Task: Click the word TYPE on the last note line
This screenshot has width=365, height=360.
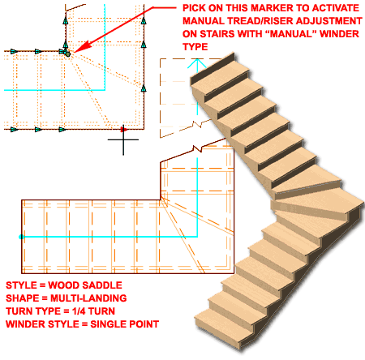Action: tap(195, 47)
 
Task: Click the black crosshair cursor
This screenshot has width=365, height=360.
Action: tap(123, 139)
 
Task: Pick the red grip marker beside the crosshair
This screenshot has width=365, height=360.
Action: tap(124, 130)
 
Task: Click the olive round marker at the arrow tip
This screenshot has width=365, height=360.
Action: tap(67, 54)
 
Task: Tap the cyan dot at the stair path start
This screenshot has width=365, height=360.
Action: tap(21, 237)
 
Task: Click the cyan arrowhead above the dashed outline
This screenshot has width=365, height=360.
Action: tap(197, 62)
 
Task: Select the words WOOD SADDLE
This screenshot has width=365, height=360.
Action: tap(85, 285)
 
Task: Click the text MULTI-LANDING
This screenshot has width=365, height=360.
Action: tap(88, 298)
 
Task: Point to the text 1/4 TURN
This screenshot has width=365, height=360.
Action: tap(93, 311)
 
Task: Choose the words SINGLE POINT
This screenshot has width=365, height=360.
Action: tap(124, 324)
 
